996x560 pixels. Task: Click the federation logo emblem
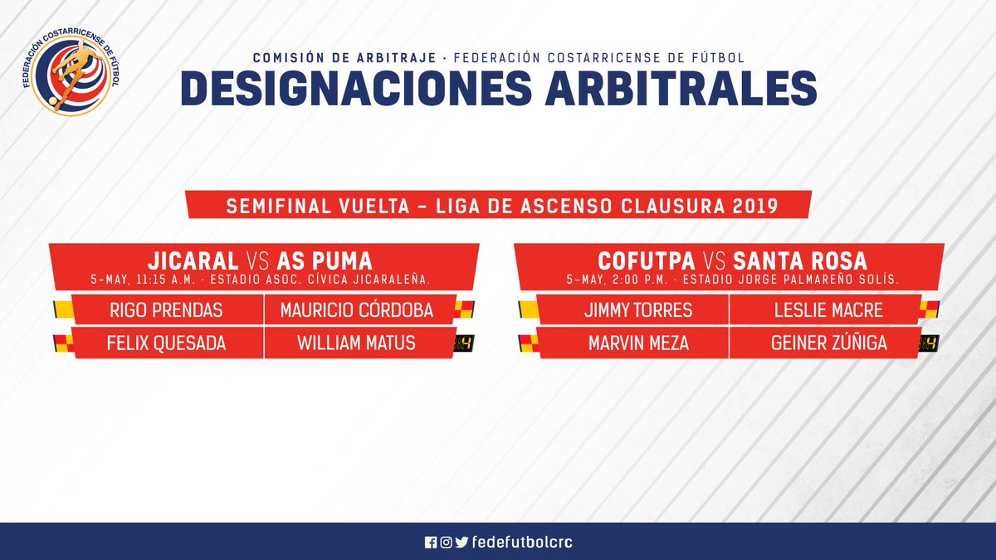(71, 74)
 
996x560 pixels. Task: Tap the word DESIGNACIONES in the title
(356, 88)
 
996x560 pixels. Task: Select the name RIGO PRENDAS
(166, 310)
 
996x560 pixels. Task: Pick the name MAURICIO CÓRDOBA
(357, 310)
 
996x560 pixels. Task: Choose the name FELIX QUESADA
(166, 343)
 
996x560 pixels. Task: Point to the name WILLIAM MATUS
(357, 343)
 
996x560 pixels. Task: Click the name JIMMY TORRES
(638, 310)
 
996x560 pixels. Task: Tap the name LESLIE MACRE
(828, 310)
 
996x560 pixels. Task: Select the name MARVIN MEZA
(638, 343)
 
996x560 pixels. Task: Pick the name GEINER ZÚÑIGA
(829, 343)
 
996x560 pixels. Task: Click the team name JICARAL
(193, 261)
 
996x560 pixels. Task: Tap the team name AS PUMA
(325, 261)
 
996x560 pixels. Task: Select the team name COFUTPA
(647, 261)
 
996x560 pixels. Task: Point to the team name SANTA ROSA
(800, 261)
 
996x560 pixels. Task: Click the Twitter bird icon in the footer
(462, 543)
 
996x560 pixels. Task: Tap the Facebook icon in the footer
(431, 543)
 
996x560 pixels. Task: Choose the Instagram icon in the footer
(446, 543)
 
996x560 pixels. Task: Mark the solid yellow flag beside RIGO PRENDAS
(64, 309)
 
